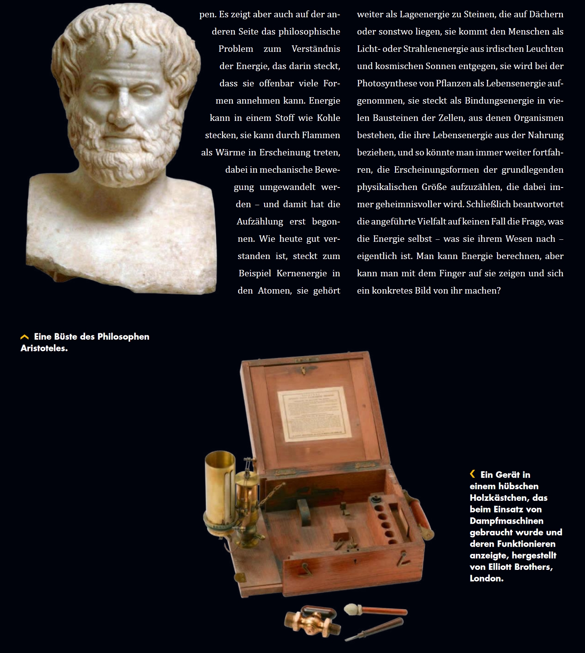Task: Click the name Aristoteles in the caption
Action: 44,349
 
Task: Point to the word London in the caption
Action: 486,579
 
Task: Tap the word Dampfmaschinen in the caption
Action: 506,521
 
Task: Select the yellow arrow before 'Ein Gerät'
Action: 473,474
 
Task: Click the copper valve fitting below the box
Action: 311,622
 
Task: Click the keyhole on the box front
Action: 355,561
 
